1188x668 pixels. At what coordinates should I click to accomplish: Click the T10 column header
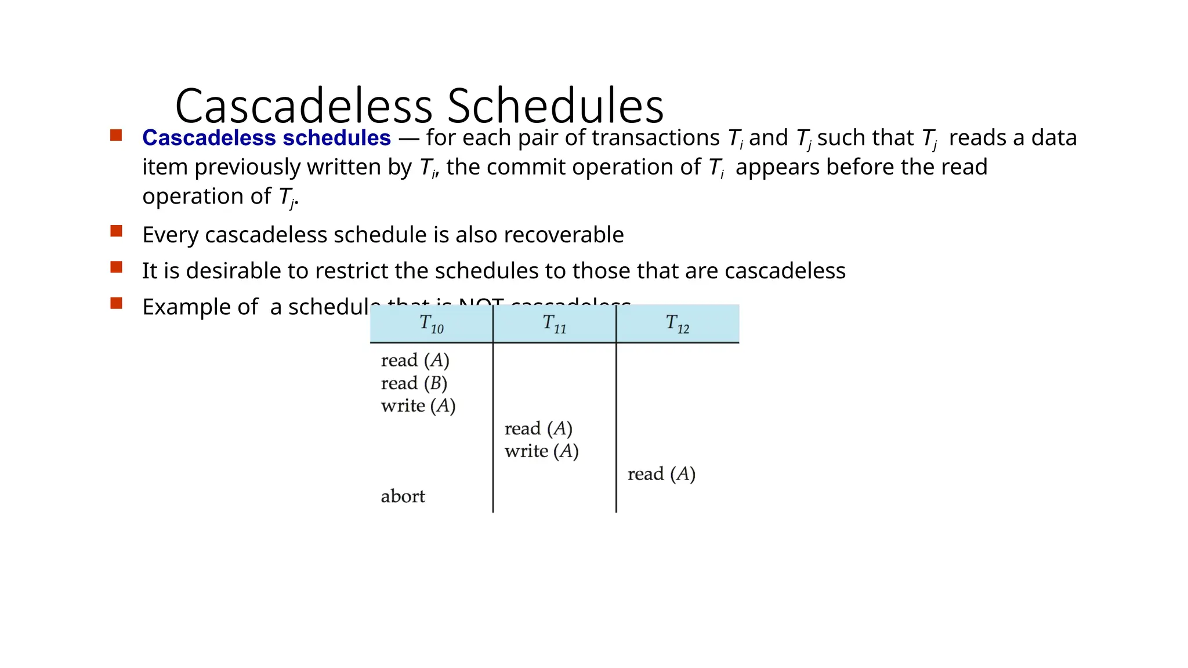tap(432, 324)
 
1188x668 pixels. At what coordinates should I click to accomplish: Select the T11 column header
tap(555, 324)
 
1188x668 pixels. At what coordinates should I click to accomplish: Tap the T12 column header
tap(678, 324)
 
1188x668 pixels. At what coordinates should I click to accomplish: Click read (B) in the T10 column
tap(414, 383)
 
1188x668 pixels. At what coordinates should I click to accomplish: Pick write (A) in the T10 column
tap(418, 406)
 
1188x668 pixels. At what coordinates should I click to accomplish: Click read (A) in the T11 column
tap(538, 429)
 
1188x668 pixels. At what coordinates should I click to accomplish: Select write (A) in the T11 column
tap(542, 451)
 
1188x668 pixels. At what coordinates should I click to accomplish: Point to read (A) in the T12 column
tap(661, 474)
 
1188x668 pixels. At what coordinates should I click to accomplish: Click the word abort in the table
tap(403, 497)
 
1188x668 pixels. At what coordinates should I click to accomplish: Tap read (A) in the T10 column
tap(415, 361)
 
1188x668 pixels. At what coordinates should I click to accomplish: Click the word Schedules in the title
tap(555, 106)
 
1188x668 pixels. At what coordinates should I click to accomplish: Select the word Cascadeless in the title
tap(304, 106)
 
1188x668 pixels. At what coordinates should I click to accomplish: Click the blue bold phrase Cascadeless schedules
tap(266, 138)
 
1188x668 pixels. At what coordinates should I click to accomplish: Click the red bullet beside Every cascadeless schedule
tap(116, 231)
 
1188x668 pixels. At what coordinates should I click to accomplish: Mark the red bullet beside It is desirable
tap(116, 267)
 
